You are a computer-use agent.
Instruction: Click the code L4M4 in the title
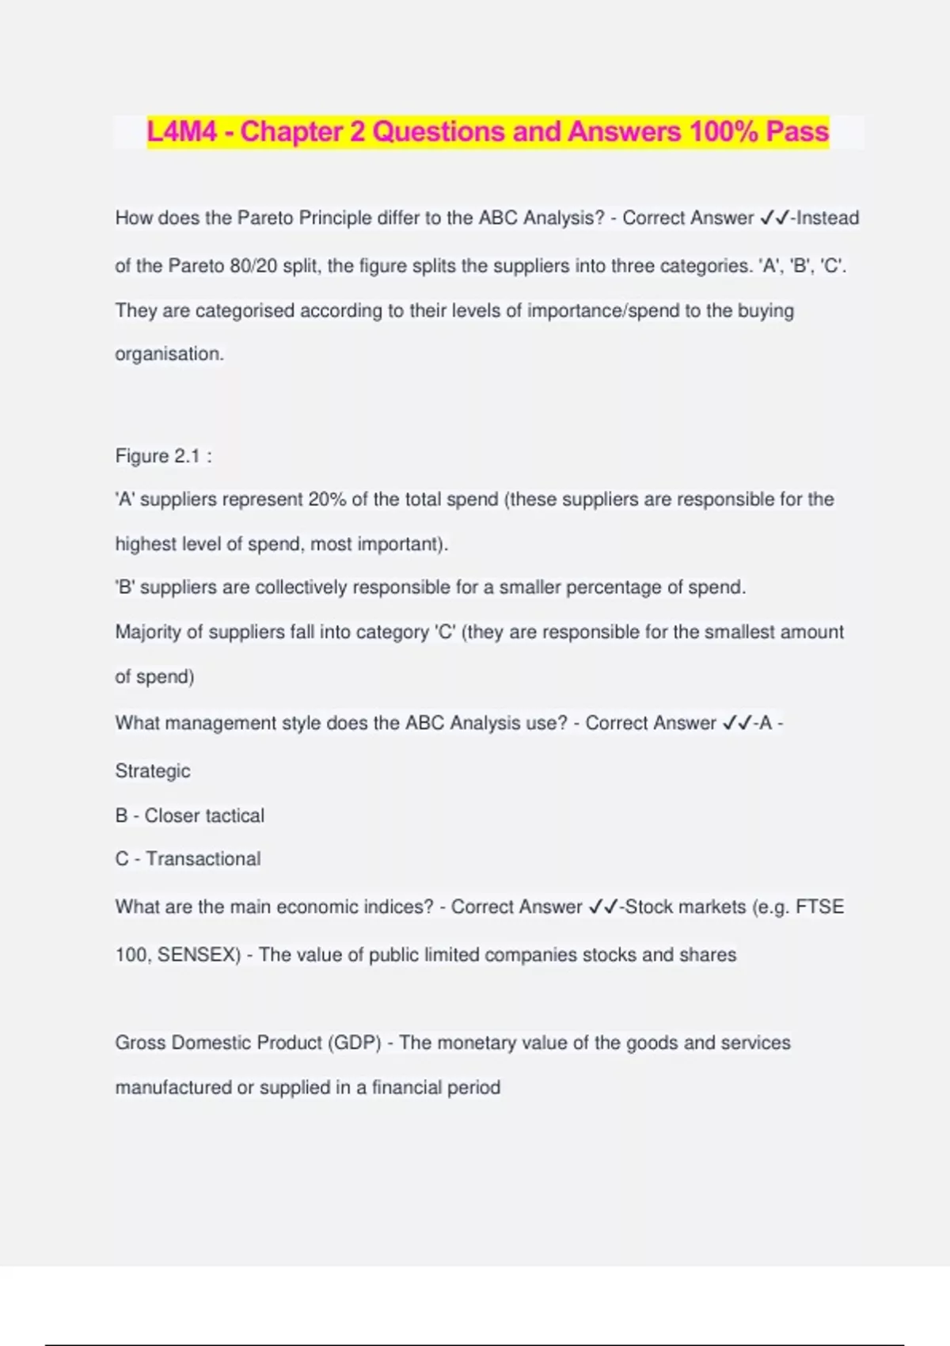click(181, 131)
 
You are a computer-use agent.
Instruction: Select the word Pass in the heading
click(797, 131)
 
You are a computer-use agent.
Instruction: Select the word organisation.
click(169, 354)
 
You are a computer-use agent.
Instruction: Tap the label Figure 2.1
click(158, 456)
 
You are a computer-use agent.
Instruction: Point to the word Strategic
click(153, 770)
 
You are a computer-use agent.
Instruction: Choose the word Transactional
click(203, 859)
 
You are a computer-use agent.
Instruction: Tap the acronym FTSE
click(819, 907)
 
